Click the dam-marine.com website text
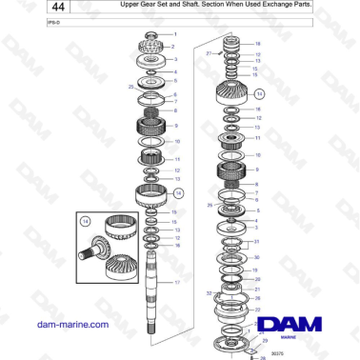coord(71,325)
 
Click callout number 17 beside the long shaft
coord(176,283)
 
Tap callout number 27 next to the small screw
coord(209,54)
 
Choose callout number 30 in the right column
coord(256,257)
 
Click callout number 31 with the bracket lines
coord(256,242)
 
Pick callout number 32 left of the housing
coord(209,294)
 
